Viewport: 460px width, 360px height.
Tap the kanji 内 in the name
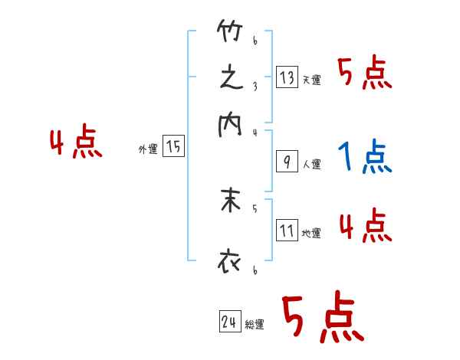click(229, 124)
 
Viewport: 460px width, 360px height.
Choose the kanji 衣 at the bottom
click(229, 262)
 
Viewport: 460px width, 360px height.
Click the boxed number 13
click(287, 77)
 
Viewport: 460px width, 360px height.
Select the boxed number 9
click(287, 162)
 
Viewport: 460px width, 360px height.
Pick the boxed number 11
click(287, 231)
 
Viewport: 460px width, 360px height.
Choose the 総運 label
click(254, 325)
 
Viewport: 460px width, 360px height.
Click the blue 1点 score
click(364, 157)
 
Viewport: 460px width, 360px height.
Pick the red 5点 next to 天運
click(366, 74)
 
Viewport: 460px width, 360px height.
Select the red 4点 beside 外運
click(76, 144)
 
